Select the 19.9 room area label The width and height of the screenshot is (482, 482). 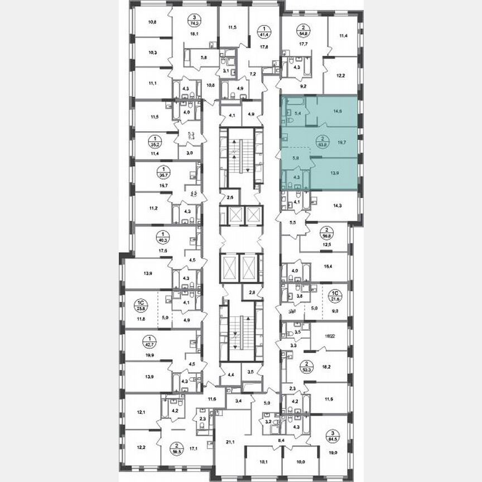150,354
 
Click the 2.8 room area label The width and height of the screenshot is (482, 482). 252,292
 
